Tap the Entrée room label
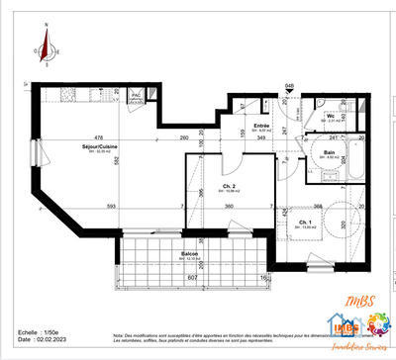coord(261,127)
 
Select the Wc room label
coord(332,118)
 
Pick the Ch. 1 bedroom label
coord(306,223)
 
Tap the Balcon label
coord(190,254)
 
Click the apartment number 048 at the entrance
coord(290,87)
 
